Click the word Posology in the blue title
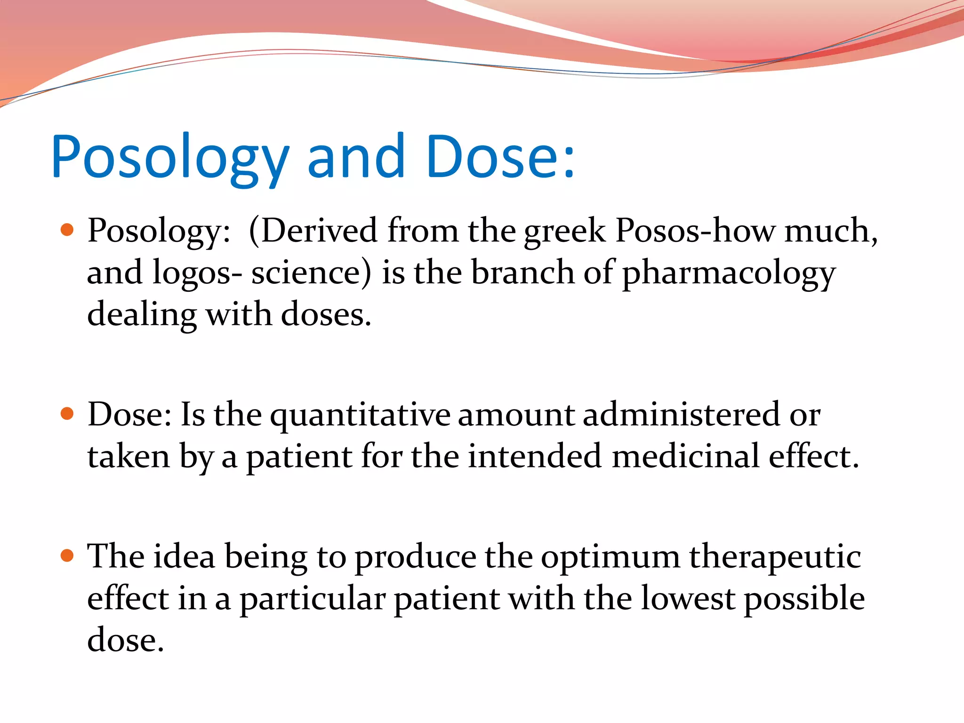169,158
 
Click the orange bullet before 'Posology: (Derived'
68,230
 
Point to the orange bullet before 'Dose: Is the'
68,414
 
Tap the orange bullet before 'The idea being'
68,555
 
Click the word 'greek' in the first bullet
564,232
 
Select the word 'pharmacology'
729,274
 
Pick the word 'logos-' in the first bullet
198,274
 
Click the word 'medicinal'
685,456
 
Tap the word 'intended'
535,456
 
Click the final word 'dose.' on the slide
126,640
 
